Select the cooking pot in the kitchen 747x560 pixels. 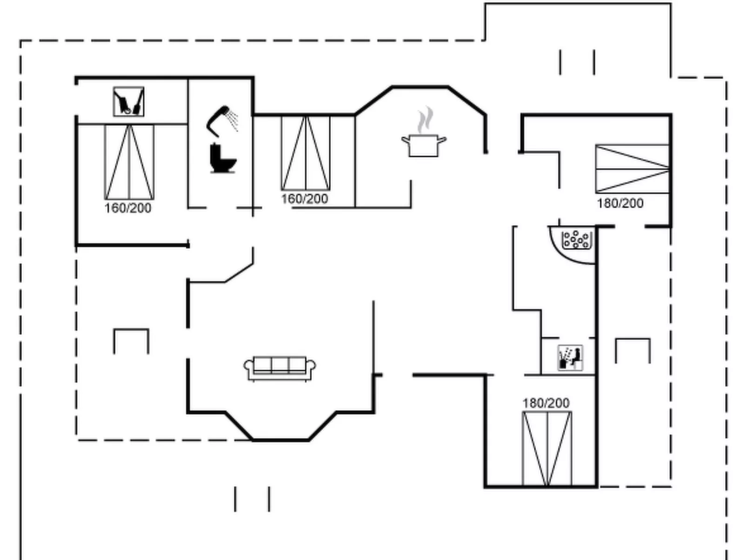(423, 145)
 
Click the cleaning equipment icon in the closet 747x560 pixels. (129, 102)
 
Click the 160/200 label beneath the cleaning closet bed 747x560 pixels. (128, 208)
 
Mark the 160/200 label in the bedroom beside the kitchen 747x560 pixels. (305, 199)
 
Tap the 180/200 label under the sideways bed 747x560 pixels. (620, 204)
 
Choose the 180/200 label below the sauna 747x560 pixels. (546, 403)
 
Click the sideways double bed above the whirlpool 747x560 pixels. (632, 169)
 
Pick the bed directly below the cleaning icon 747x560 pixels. (129, 162)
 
